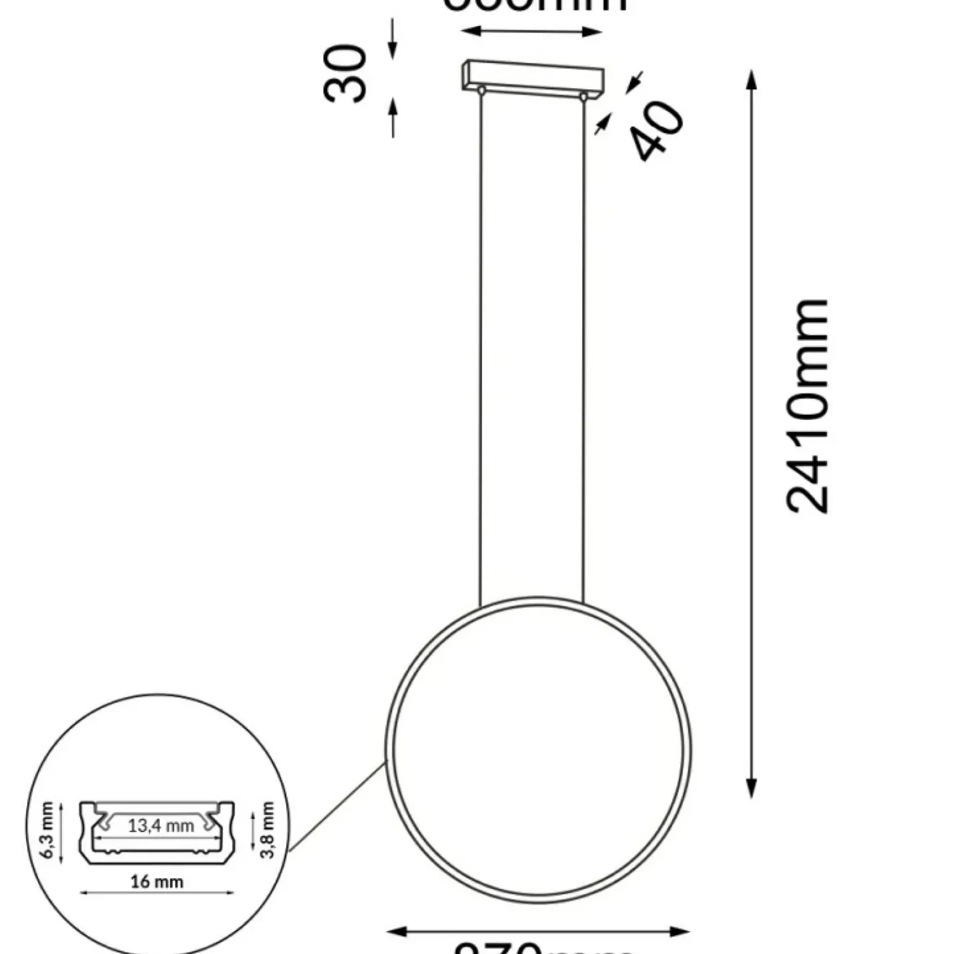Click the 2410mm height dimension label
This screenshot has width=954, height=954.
807,406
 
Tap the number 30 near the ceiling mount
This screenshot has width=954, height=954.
345,73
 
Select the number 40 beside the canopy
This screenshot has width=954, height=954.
657,131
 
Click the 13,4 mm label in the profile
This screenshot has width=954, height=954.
161,826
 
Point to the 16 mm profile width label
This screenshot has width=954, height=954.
157,881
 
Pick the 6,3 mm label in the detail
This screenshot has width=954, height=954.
48,831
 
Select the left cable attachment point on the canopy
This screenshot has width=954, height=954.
481,91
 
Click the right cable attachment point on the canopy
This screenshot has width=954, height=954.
583,97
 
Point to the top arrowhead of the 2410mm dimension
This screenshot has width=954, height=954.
751,79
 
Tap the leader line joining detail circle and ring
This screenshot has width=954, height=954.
338,807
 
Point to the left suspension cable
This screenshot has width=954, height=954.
480,347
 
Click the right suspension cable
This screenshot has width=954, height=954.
584,347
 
